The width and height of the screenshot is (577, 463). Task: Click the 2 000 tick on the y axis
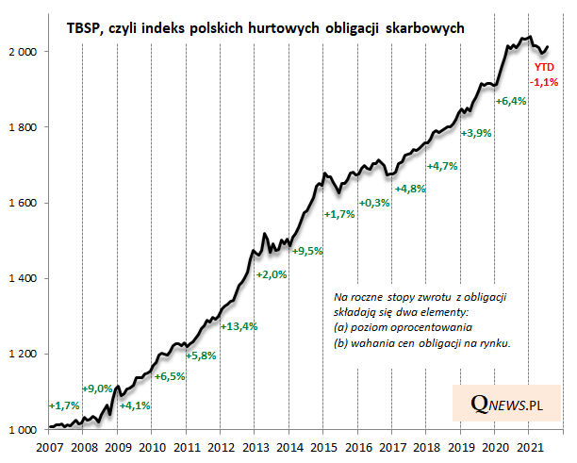(23, 51)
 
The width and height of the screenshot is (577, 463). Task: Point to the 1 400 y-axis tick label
(23, 278)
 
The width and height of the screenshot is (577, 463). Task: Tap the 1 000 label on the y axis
(23, 430)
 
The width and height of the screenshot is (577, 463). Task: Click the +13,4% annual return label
(238, 326)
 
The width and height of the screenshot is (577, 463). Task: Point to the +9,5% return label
(306, 251)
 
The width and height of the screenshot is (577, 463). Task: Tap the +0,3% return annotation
(375, 203)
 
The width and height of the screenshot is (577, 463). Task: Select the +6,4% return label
(511, 101)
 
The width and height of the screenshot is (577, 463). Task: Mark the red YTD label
(545, 67)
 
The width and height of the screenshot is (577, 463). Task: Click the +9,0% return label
(98, 389)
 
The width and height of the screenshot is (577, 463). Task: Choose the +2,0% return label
(272, 274)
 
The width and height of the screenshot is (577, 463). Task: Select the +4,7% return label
(442, 167)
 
